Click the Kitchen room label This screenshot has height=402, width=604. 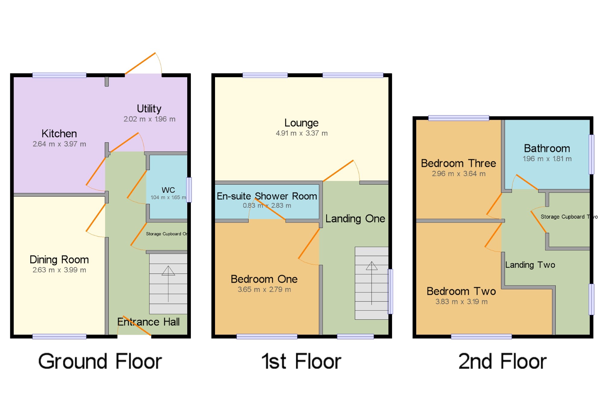[x=59, y=134]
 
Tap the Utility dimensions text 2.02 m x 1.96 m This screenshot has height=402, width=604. [x=149, y=119]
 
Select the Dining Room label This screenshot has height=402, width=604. [x=59, y=260]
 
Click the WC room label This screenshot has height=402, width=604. [x=168, y=190]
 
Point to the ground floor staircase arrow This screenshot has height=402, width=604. [x=168, y=283]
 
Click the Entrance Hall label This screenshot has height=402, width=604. [x=148, y=322]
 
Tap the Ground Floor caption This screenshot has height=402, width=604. [x=100, y=361]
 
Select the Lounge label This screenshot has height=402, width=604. [x=301, y=123]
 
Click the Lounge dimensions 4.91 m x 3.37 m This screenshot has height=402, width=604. [x=301, y=133]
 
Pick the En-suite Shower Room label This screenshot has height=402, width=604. [x=267, y=196]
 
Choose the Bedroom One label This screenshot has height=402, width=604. [x=264, y=279]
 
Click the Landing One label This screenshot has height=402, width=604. [x=355, y=219]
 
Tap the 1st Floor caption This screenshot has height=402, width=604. [x=301, y=361]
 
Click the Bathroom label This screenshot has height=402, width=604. [x=547, y=148]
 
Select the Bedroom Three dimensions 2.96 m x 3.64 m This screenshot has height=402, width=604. [x=458, y=174]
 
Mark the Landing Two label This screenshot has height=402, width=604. [x=530, y=265]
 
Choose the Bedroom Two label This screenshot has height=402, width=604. [x=461, y=291]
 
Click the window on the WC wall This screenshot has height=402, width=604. [x=189, y=190]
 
